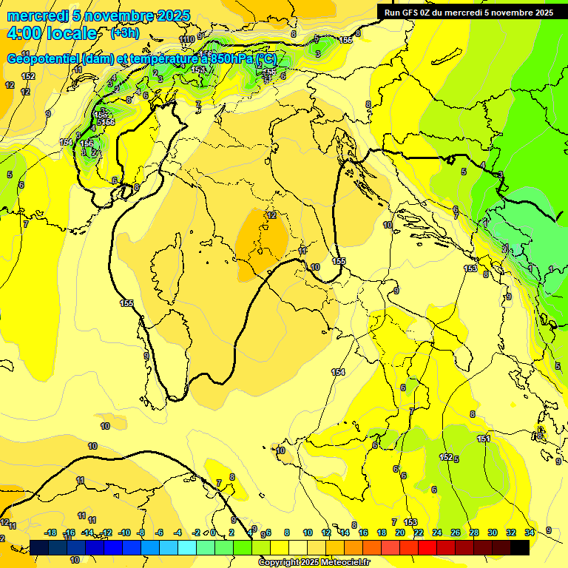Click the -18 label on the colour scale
point(51,532)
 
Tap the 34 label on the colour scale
point(529,532)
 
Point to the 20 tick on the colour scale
point(400,532)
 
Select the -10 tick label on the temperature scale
point(124,532)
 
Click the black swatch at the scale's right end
point(520,547)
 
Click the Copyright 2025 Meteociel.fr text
point(314,562)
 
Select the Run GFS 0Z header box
point(466,13)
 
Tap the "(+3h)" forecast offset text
point(125,33)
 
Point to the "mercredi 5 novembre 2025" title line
point(98,16)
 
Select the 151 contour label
point(484,439)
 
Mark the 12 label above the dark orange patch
point(271,215)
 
